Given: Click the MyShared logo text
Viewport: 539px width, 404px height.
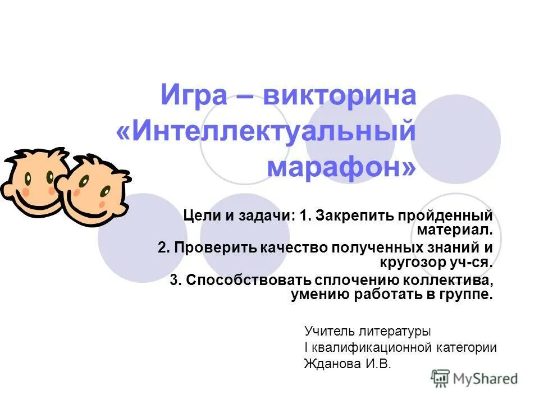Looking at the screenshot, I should coord(485,379).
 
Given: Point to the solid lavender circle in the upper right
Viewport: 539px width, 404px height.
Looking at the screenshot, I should coord(455,139).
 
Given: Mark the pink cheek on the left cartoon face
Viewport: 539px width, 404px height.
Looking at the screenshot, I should coord(25,191).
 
